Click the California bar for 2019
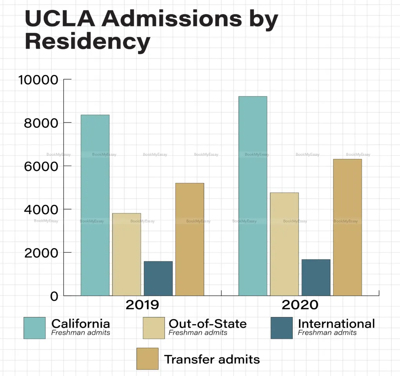tap(95, 205)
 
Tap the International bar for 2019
tap(158, 278)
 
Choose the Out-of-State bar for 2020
tap(284, 244)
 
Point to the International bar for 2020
tap(316, 277)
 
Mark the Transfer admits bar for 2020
tap(348, 227)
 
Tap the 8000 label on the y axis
tap(41, 123)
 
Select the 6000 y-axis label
tap(41, 167)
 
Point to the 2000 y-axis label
tap(41, 253)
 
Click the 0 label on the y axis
tap(54, 296)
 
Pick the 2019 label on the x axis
tap(142, 305)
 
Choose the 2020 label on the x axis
tap(300, 305)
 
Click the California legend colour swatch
tap(34, 328)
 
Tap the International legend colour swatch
tap(281, 328)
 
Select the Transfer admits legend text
tap(212, 359)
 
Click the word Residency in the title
tap(87, 42)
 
